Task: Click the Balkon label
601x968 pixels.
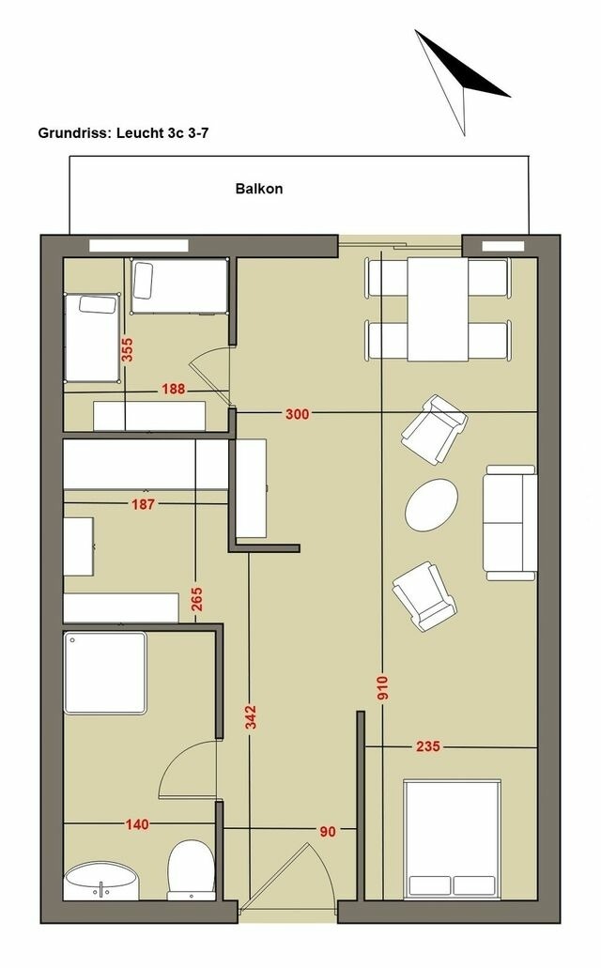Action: (x=258, y=189)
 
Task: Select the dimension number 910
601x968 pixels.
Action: (x=382, y=690)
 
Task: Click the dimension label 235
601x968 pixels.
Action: (x=428, y=746)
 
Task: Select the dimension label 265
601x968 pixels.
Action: (x=196, y=599)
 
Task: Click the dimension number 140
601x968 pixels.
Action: (x=137, y=824)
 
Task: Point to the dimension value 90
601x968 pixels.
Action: (x=328, y=830)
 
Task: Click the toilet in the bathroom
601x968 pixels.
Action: (x=191, y=869)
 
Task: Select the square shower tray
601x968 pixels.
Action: (x=105, y=673)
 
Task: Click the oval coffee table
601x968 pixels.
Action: (x=432, y=505)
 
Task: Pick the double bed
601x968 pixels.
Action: (x=452, y=837)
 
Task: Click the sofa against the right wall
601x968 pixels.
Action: (x=511, y=521)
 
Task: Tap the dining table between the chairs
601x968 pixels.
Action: (x=437, y=309)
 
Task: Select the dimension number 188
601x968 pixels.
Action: (x=173, y=390)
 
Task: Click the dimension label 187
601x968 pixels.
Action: (x=144, y=503)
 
